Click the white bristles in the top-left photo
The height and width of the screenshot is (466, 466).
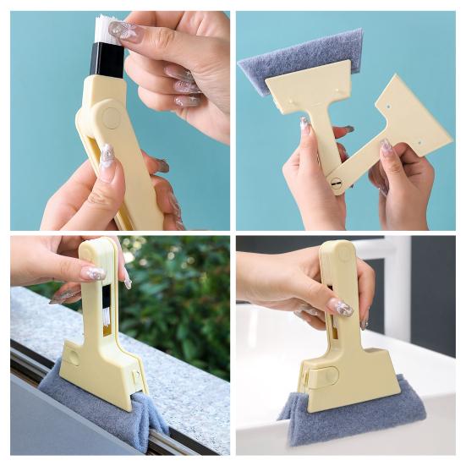tap(107, 30)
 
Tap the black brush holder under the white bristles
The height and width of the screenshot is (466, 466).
tap(107, 58)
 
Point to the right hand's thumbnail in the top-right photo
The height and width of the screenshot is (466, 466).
tap(386, 147)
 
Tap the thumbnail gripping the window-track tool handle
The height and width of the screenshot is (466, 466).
tap(93, 274)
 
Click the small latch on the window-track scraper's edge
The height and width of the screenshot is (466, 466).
tap(134, 375)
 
